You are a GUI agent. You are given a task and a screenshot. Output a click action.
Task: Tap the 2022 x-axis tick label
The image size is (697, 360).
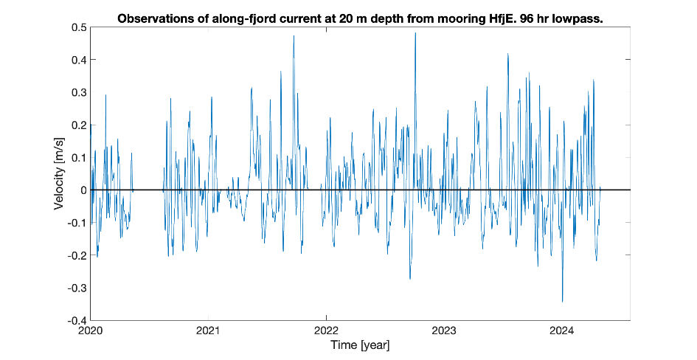click(x=327, y=330)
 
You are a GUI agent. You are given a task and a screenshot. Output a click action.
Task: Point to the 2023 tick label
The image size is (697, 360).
click(x=445, y=330)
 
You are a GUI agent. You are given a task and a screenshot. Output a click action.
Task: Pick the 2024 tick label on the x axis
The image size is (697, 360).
click(x=563, y=330)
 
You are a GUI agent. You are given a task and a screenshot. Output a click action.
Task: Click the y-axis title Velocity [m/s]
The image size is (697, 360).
click(x=58, y=174)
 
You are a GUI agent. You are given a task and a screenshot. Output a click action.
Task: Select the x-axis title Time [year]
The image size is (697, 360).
click(x=360, y=345)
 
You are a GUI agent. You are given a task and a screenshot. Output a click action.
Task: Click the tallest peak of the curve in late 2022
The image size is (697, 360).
click(x=415, y=33)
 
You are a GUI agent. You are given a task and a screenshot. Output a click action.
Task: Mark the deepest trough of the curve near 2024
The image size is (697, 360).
click(x=562, y=302)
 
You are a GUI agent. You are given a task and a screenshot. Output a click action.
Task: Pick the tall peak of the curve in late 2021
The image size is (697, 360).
click(x=294, y=36)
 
